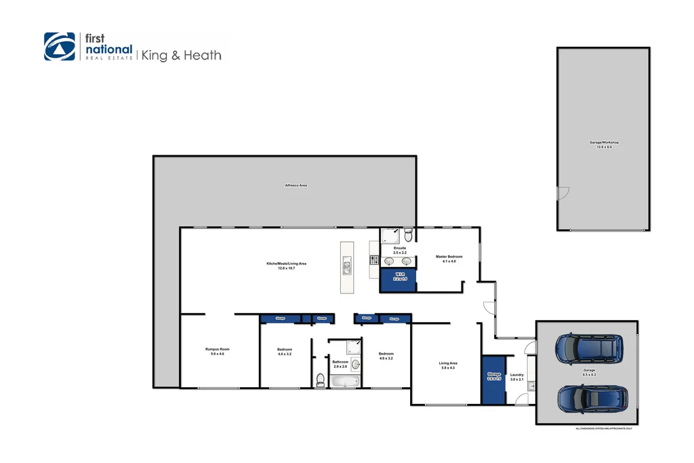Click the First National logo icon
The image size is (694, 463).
pyautogui.click(x=60, y=47)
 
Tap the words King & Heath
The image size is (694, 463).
pyautogui.click(x=181, y=56)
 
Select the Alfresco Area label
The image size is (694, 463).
pyautogui.click(x=295, y=185)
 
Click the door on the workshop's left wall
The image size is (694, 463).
pyautogui.click(x=560, y=194)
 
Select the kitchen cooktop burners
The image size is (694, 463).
pyautogui.click(x=373, y=260)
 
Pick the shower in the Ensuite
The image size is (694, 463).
pyautogui.click(x=390, y=235)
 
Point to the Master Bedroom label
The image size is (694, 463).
pyautogui.click(x=449, y=258)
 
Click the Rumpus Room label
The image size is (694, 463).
pyautogui.click(x=218, y=351)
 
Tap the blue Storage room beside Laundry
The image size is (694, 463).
pyautogui.click(x=494, y=378)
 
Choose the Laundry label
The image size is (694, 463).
pyautogui.click(x=516, y=377)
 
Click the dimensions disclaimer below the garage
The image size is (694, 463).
pyautogui.click(x=603, y=428)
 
